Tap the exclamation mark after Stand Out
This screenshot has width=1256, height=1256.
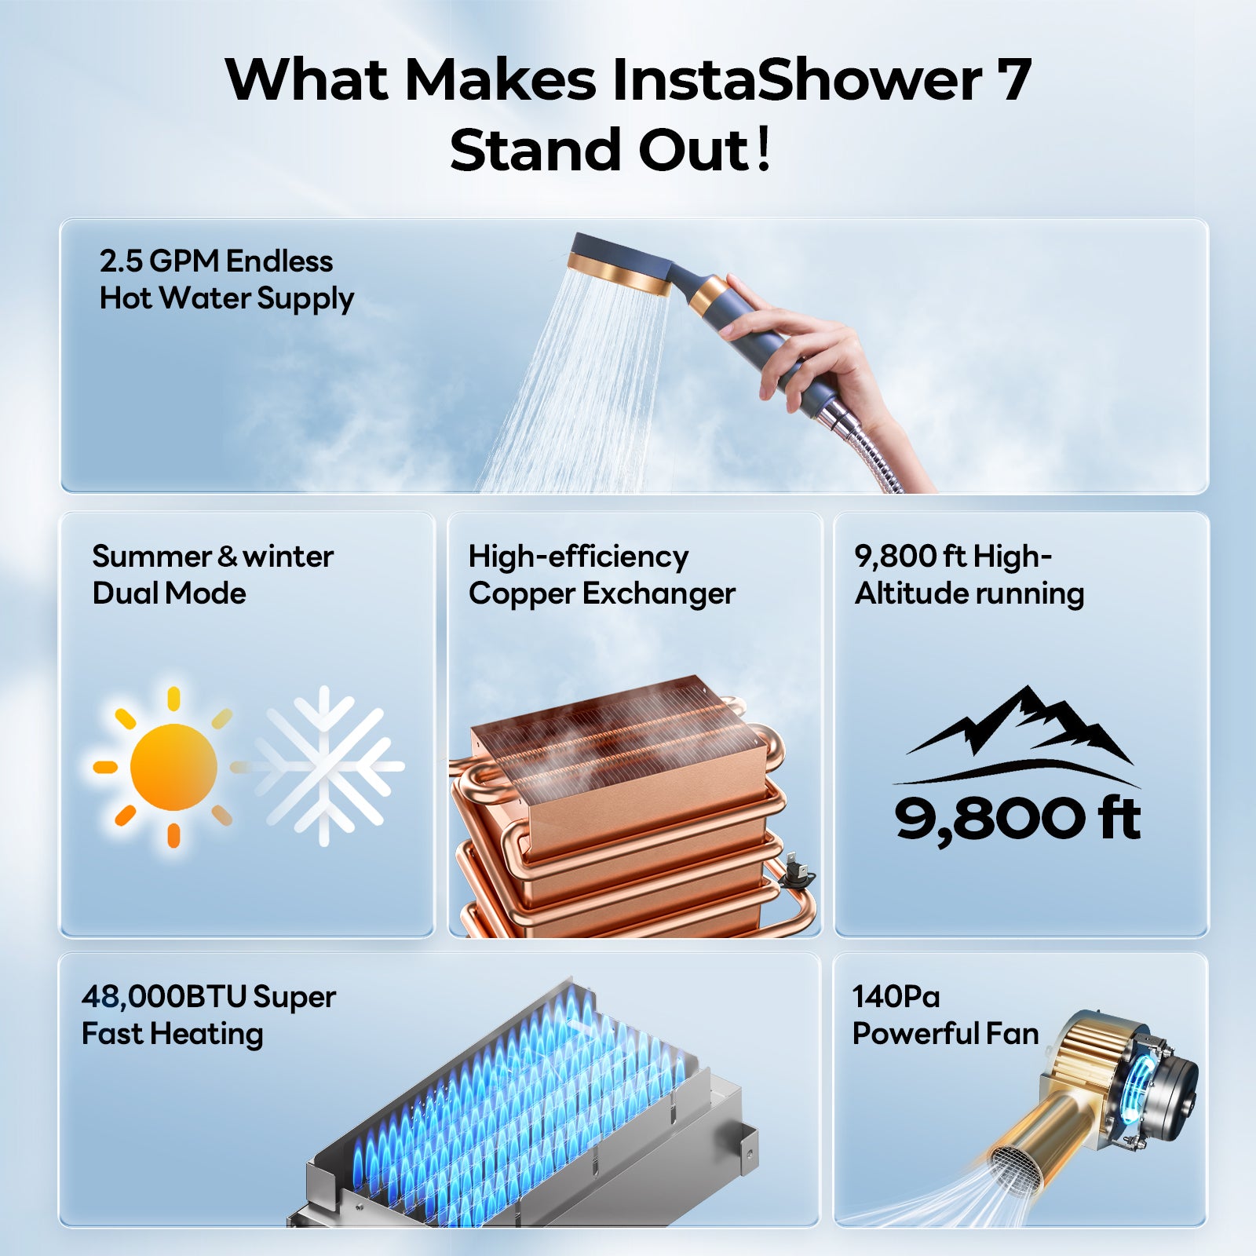coord(762,151)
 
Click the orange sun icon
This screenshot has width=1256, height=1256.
coord(173,767)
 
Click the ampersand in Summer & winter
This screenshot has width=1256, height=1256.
coord(228,557)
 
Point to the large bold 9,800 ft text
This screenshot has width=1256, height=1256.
coord(1017,818)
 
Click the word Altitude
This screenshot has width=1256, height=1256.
coord(907,593)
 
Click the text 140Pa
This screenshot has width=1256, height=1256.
coord(896,997)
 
